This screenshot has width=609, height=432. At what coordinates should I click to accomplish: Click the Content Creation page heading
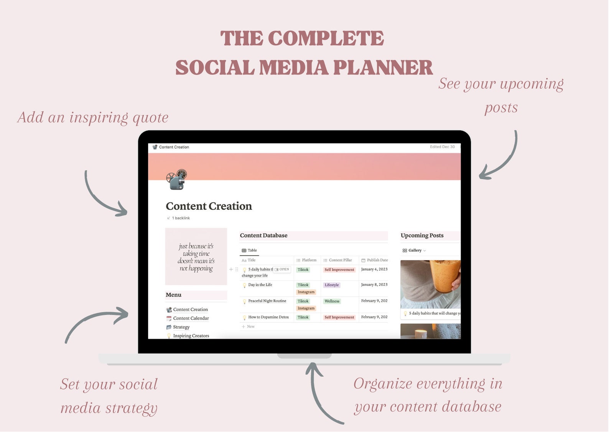click(x=209, y=206)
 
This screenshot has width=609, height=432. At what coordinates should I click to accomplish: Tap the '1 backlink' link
click(x=181, y=218)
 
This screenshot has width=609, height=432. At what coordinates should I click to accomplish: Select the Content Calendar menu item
click(x=191, y=318)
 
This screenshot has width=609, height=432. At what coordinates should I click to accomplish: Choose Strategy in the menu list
click(x=181, y=327)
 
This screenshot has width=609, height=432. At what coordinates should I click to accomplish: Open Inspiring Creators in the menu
click(x=191, y=336)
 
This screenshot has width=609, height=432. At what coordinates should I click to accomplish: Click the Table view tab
click(x=250, y=251)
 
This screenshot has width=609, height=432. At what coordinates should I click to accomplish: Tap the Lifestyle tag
click(x=332, y=285)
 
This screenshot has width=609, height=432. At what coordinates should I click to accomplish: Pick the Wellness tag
click(x=332, y=301)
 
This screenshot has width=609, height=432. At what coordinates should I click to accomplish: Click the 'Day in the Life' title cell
click(x=260, y=285)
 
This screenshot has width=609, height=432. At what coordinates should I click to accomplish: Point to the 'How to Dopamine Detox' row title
click(x=268, y=317)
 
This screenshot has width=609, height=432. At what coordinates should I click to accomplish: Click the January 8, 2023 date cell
click(x=374, y=285)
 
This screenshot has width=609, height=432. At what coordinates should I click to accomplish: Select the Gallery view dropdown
click(x=415, y=251)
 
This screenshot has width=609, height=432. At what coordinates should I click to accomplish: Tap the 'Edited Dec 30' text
click(x=442, y=147)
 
